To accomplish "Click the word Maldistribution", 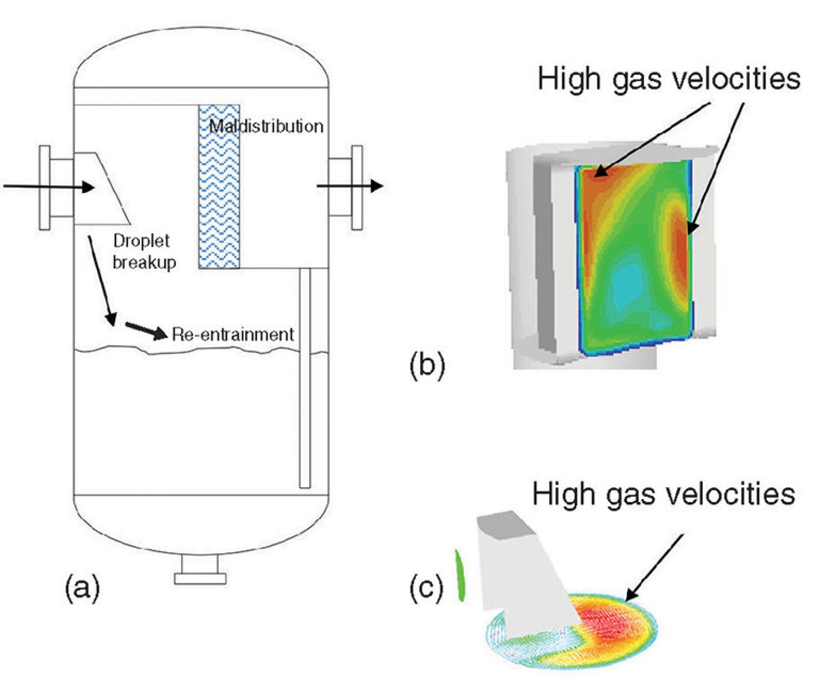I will coord(266,126).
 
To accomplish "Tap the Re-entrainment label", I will coord(233,334).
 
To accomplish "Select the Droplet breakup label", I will coord(144,251).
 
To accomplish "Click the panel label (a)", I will coord(82,587).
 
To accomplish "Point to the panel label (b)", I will coord(427,365).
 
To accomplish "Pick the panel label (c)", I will coord(426,587).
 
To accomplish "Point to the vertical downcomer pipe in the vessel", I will coord(305,379).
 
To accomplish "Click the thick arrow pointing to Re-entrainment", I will coord(146,331).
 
